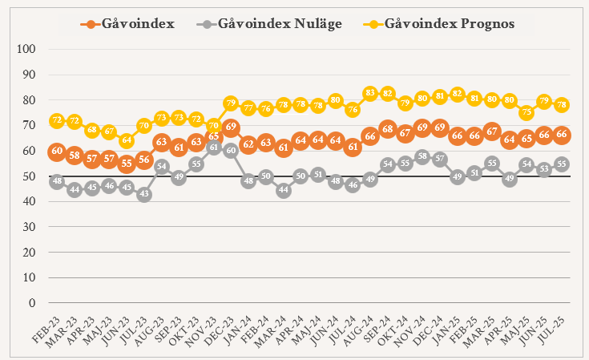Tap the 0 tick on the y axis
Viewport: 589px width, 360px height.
click(x=32, y=303)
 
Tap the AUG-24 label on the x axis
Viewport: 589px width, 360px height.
click(x=361, y=328)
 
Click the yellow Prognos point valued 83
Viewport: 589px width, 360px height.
click(x=370, y=94)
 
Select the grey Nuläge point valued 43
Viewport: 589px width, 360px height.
click(x=144, y=194)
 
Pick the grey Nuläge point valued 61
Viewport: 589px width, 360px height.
click(x=214, y=148)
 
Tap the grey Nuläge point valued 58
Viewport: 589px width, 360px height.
click(x=422, y=156)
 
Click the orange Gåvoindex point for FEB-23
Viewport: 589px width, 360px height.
click(x=57, y=151)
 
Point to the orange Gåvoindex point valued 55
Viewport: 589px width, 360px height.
click(x=127, y=164)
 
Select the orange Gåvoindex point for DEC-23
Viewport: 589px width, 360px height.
click(x=232, y=128)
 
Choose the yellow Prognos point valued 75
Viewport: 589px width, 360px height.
click(x=526, y=113)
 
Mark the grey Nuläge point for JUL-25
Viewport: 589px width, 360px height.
click(x=562, y=164)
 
